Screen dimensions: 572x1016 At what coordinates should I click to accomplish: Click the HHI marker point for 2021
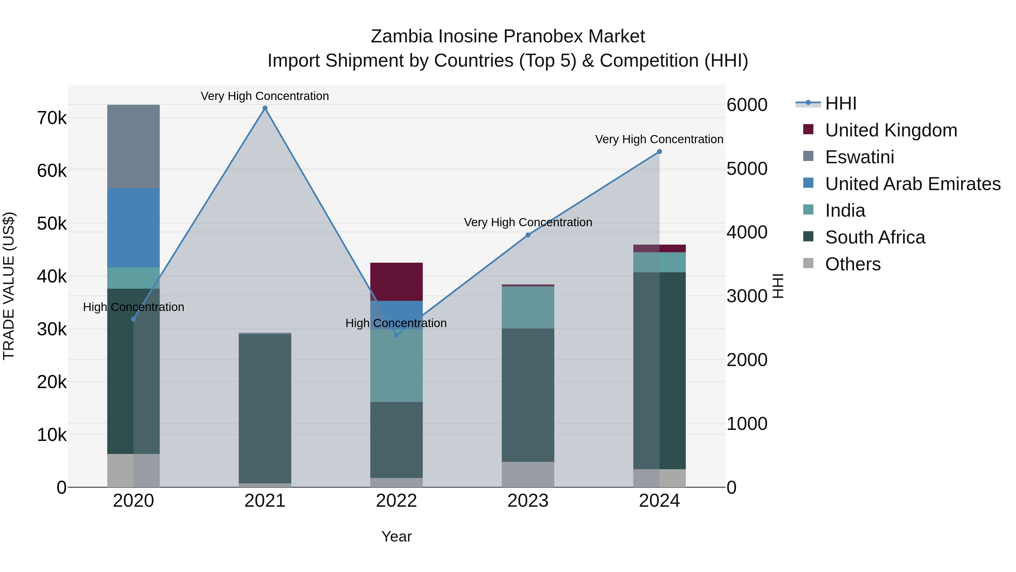pos(265,108)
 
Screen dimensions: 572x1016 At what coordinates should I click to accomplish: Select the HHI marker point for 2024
pos(659,152)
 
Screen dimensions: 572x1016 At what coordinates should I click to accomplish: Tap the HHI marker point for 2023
pos(528,235)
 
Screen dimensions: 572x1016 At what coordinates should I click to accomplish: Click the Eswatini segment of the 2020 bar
pos(133,146)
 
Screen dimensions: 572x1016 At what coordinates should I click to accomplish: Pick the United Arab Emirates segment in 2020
pos(133,227)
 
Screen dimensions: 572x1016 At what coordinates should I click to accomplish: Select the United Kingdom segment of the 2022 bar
pos(397,281)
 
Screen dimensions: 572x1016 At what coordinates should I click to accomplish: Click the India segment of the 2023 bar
pos(528,307)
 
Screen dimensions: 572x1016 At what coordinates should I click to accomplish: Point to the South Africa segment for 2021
pos(265,408)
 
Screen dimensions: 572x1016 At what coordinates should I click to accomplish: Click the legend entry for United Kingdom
pos(891,130)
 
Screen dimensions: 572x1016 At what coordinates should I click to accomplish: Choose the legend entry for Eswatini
pos(859,157)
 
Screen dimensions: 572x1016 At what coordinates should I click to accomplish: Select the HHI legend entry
pos(840,103)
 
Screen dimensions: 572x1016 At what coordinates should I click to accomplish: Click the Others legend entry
pos(852,264)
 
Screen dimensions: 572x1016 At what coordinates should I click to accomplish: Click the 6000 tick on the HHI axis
pos(746,105)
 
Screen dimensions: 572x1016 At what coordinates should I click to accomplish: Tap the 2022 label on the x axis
pos(397,501)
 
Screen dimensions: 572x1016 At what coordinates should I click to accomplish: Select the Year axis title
pos(397,536)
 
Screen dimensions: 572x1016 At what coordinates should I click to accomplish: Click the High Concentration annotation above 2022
pos(396,323)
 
